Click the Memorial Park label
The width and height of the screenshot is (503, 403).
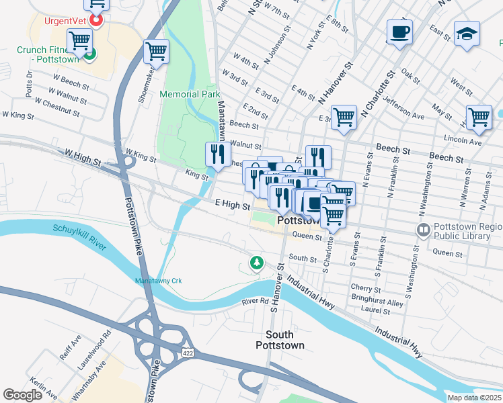tap(190, 95)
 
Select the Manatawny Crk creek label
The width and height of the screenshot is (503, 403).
tap(159, 280)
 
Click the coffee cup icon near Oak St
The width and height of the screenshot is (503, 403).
tap(399, 32)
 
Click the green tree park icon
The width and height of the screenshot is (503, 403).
tap(256, 263)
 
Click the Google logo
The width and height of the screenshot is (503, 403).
tap(22, 395)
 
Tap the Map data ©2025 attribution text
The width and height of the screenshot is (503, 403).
tap(474, 398)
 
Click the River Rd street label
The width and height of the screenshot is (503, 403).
tap(256, 302)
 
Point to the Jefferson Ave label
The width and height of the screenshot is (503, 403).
tap(403, 107)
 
